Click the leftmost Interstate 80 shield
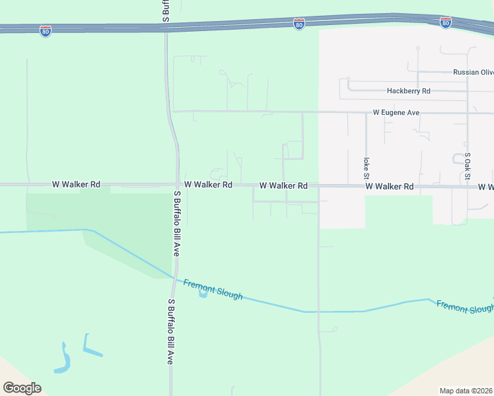45,31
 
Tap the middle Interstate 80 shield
299,24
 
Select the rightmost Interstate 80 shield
446,23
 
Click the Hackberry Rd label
409,91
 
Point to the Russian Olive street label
473,73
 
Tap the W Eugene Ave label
396,113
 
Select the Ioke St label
365,168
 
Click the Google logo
22,387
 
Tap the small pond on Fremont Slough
203,293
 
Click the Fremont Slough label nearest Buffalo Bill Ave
213,289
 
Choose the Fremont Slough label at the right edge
465,308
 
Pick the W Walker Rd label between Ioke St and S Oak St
390,187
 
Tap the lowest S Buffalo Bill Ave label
170,332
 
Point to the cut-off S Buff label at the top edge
165,11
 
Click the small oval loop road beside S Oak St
457,159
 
